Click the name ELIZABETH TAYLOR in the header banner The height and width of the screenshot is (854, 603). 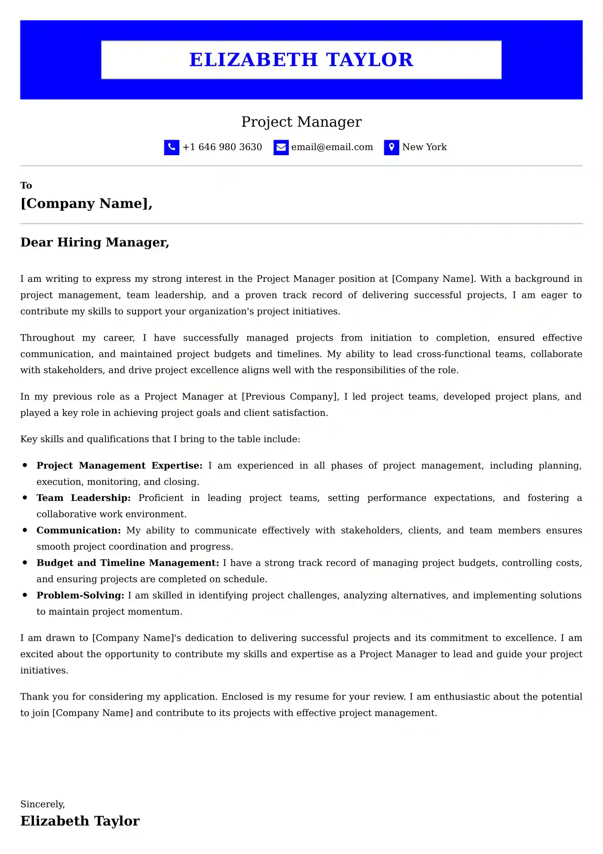point(301,60)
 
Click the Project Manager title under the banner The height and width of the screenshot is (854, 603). point(301,122)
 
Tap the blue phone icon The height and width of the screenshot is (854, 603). point(171,147)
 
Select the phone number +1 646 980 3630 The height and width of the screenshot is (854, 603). point(222,147)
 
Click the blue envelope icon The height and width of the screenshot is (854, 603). point(281,147)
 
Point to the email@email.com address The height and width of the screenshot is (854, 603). point(332,147)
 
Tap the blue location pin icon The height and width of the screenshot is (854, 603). point(391,147)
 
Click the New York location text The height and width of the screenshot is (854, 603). point(424,147)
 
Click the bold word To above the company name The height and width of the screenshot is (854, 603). point(26,185)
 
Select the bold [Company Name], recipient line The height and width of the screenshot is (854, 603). point(86,203)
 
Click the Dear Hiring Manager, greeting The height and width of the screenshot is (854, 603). point(95,242)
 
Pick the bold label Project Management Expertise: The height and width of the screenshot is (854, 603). point(119,465)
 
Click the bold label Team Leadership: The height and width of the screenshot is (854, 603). point(83,498)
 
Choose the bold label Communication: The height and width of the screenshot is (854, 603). point(78,530)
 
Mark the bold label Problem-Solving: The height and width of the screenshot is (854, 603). point(80,595)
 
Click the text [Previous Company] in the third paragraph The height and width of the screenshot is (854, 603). point(290,397)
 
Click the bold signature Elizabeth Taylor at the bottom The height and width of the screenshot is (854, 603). point(80,821)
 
